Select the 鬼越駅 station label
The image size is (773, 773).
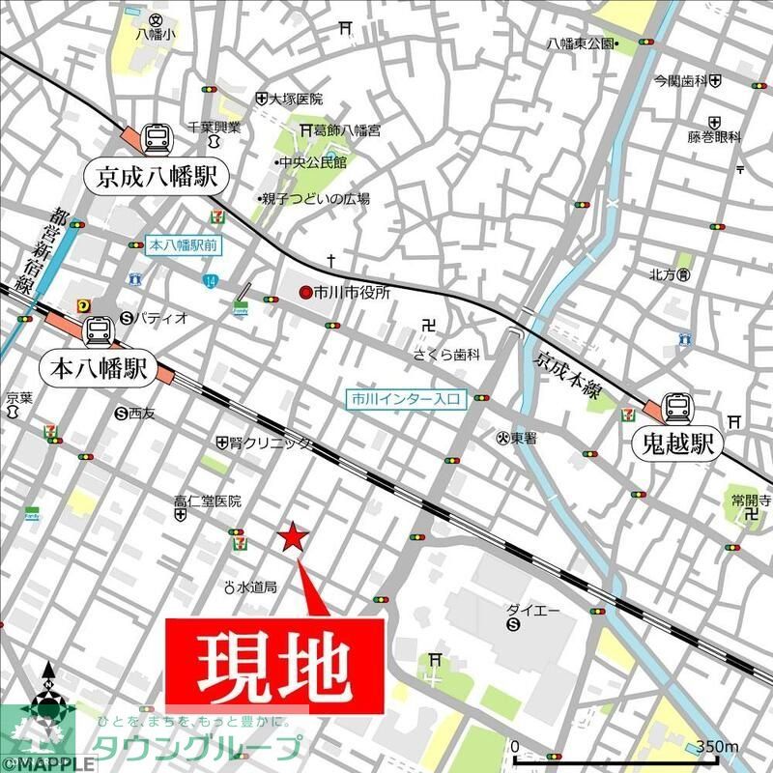click(x=676, y=444)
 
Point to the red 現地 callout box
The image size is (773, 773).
click(x=278, y=664)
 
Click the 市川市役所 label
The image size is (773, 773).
click(x=352, y=293)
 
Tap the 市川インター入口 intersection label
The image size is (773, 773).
click(x=409, y=397)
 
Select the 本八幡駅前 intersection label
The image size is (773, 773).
click(x=184, y=245)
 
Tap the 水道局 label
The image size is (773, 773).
click(x=256, y=587)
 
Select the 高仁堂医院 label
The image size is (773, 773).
click(x=207, y=501)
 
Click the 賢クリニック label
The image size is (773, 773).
click(x=271, y=443)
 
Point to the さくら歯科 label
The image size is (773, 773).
click(x=446, y=355)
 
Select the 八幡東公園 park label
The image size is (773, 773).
click(x=580, y=43)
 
